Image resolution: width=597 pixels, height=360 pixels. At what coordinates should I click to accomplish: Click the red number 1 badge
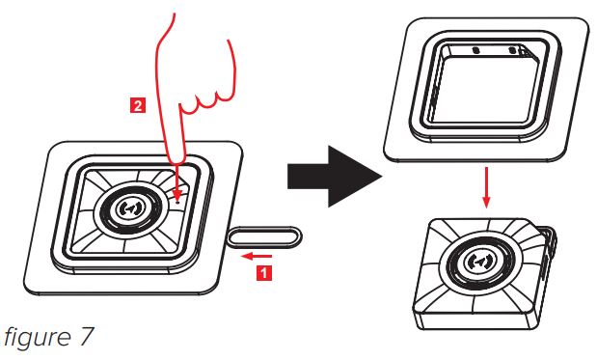(x=264, y=273)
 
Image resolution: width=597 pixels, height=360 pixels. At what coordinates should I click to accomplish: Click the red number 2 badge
(x=138, y=105)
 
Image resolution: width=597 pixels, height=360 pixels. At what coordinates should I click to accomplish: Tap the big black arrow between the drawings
(x=335, y=177)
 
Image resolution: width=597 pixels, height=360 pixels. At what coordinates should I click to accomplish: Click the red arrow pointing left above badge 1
(x=257, y=256)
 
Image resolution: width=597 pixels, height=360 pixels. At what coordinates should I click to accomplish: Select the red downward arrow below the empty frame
(x=486, y=186)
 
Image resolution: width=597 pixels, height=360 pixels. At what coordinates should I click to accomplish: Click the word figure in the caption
(x=38, y=338)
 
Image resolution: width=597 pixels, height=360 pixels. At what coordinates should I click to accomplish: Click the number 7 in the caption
(x=86, y=336)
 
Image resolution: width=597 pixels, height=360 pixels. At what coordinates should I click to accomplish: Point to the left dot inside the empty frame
(x=475, y=50)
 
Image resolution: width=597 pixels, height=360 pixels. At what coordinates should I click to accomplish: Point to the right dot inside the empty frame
(x=512, y=50)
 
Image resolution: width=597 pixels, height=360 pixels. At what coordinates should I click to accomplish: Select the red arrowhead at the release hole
(x=177, y=194)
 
